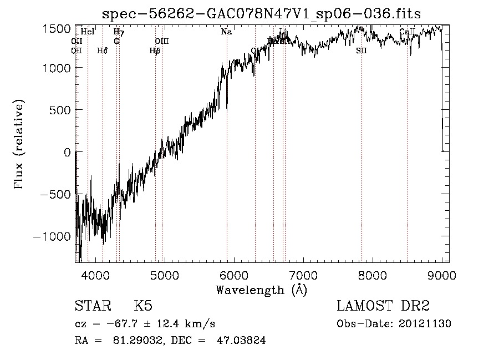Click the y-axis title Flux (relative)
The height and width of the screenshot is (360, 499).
point(19,145)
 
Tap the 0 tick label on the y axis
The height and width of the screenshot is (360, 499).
point(67,152)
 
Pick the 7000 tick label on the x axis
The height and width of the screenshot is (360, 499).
point(303,275)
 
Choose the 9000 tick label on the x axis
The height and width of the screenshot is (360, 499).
point(442,275)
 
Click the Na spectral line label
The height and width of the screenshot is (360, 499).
point(226,32)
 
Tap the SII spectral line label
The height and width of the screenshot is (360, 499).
point(361,50)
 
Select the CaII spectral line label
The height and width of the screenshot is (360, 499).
point(408,32)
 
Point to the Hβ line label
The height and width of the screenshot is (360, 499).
point(155,50)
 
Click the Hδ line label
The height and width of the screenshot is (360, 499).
point(102,50)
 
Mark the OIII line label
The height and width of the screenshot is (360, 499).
point(161,41)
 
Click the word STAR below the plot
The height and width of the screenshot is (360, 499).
point(93,307)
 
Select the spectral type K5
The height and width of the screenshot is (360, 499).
point(143,307)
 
